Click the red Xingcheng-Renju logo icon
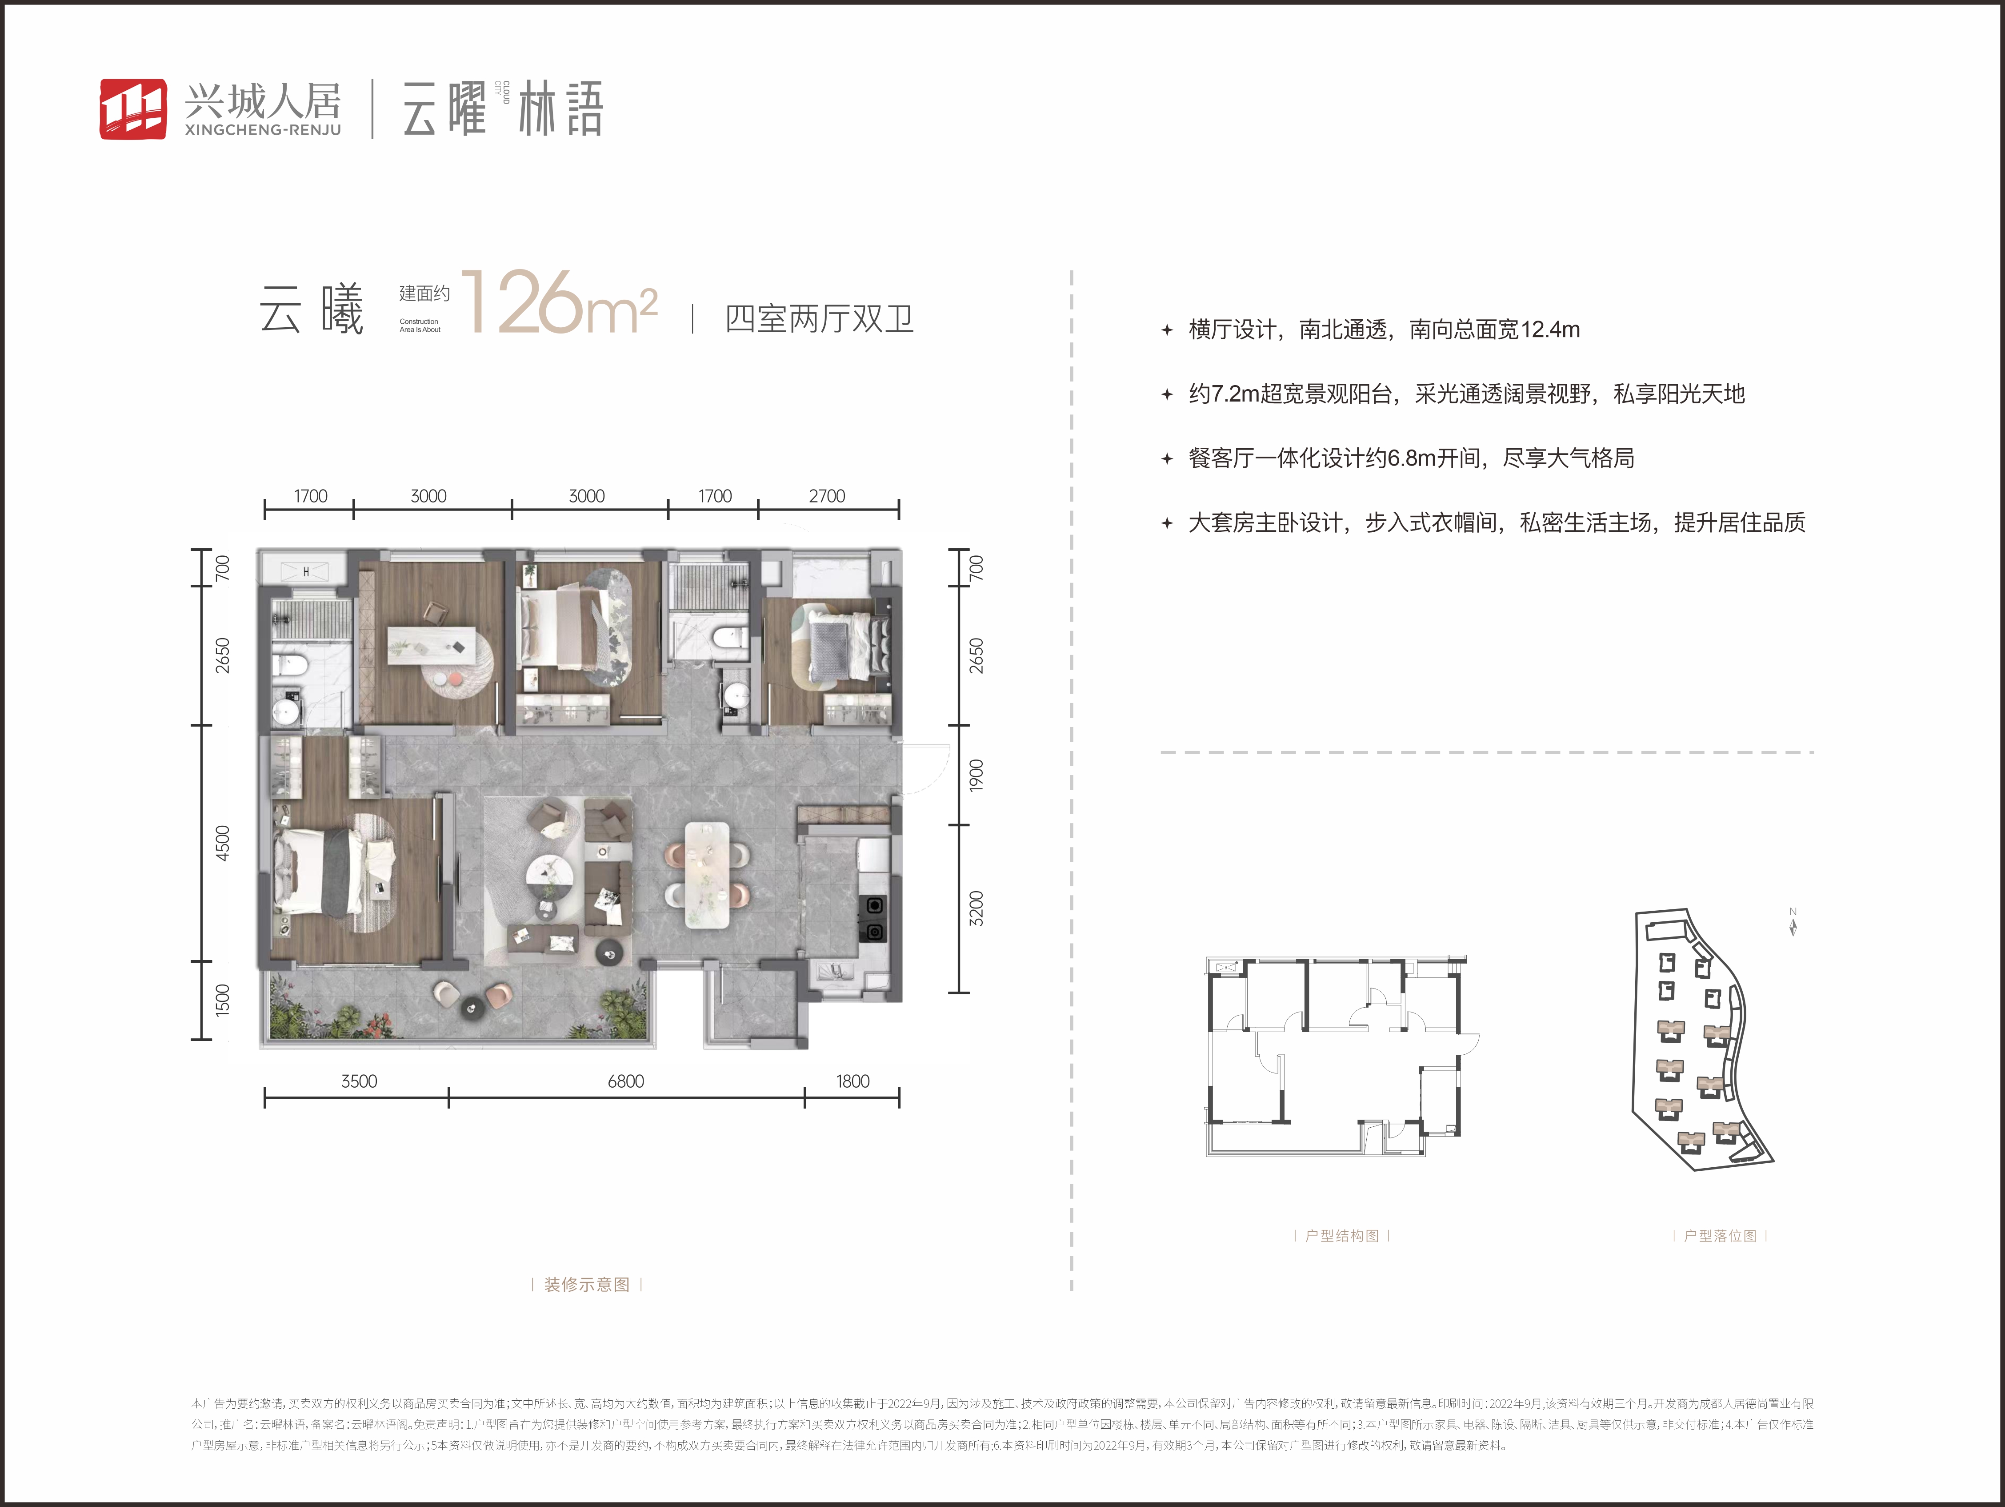132,109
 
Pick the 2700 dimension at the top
827,496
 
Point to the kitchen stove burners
874,918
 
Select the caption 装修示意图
586,1285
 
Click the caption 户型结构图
1341,1236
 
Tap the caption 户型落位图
1720,1236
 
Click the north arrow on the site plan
1793,923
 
